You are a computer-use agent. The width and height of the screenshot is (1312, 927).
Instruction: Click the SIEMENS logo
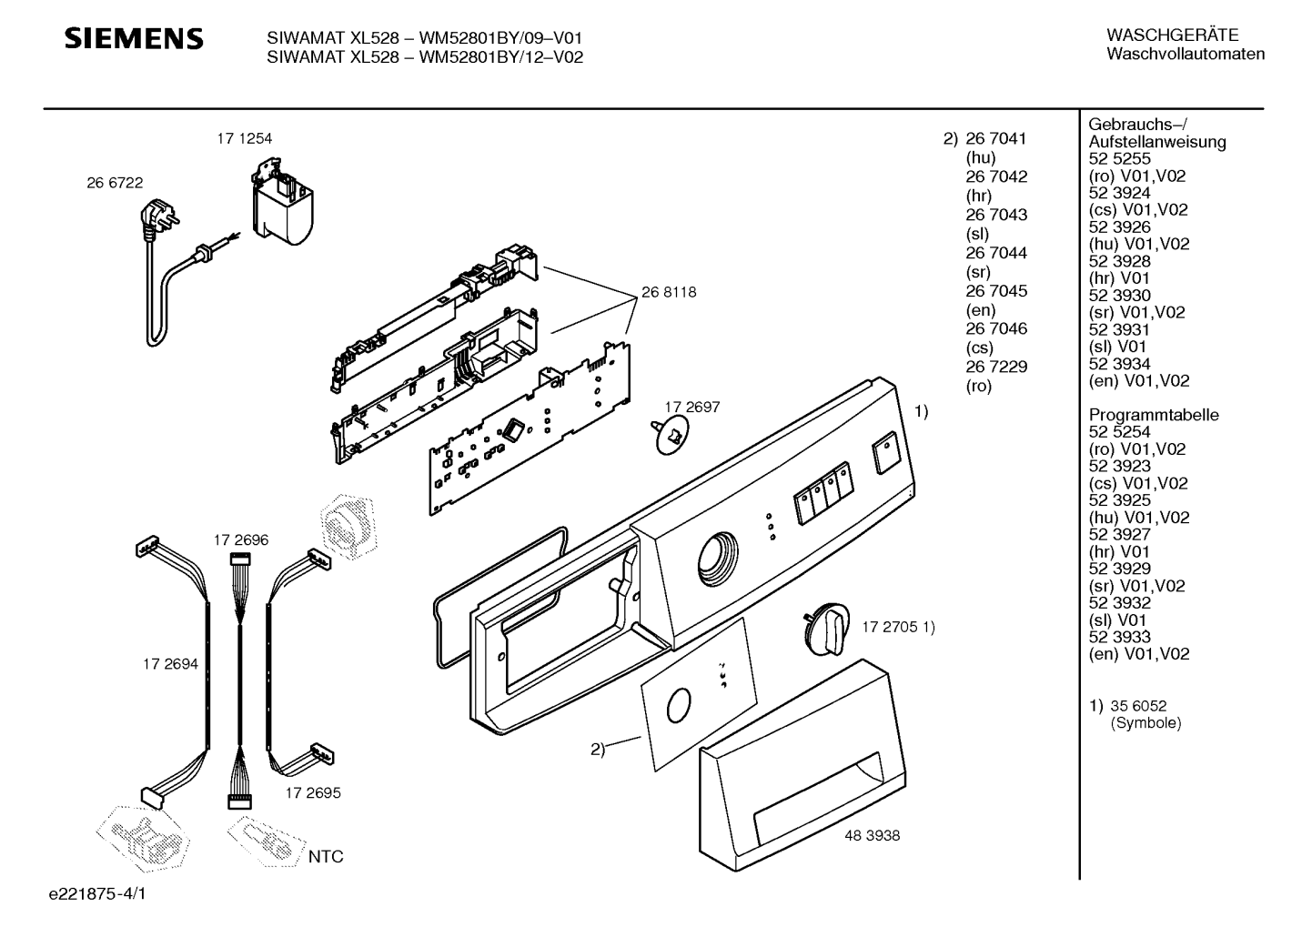coord(134,38)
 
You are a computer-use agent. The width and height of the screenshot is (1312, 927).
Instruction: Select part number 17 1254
coord(244,139)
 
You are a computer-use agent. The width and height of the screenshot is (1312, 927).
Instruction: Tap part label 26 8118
coord(669,292)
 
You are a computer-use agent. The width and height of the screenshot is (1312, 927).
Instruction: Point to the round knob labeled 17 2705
coord(826,629)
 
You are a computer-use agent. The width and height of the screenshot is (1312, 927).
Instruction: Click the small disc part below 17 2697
coord(671,434)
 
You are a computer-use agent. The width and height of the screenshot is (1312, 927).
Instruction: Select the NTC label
coord(326,857)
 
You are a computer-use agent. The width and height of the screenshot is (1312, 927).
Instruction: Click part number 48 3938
coord(873,836)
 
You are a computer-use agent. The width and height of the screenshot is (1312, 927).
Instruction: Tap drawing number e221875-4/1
coord(97,894)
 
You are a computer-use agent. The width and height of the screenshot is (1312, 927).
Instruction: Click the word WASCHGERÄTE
coord(1173,35)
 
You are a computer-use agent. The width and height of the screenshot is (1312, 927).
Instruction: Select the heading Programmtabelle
coord(1154,415)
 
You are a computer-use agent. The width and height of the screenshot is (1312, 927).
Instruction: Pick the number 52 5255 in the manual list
coord(1120,158)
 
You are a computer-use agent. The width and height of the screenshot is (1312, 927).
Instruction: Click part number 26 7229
coord(996,367)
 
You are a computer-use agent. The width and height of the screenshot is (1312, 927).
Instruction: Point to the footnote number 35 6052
coord(1138,706)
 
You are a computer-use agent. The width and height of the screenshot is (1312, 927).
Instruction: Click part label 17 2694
coord(170,664)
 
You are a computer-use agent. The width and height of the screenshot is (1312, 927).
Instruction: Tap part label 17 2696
coord(241,540)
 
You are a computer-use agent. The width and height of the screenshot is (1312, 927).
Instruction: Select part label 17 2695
coord(313,793)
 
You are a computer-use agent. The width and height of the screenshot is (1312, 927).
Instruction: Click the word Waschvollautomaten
coord(1186,54)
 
